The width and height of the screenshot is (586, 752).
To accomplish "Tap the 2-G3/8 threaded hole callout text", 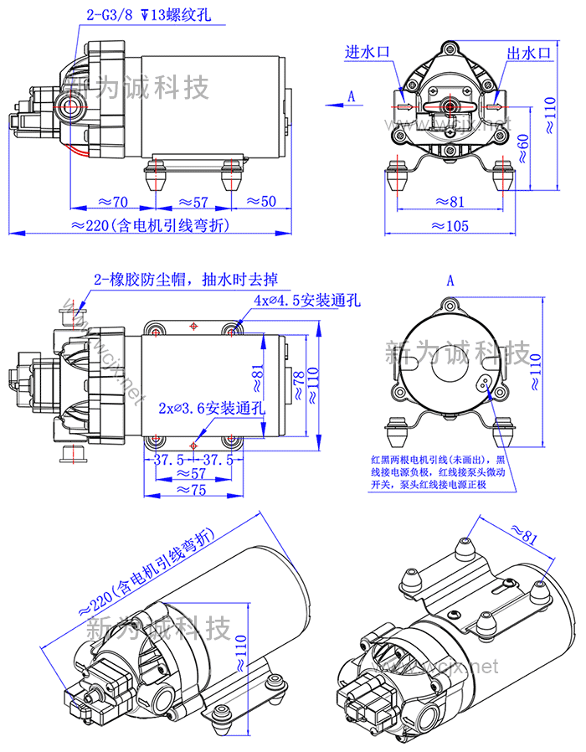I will [x=144, y=14].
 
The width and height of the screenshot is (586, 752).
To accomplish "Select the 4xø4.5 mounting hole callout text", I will [x=307, y=300].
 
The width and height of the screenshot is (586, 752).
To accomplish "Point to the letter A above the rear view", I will [x=450, y=281].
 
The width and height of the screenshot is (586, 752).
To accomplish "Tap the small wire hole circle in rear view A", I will [x=483, y=382].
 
